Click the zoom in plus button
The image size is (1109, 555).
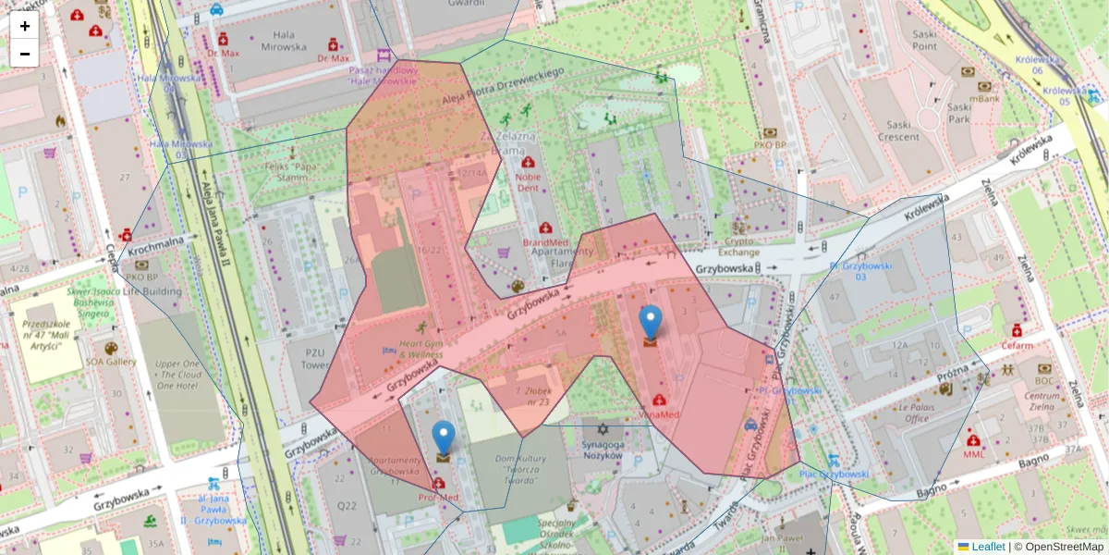tap(25, 26)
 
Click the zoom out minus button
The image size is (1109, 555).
tap(25, 54)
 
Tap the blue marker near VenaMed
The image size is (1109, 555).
tap(651, 323)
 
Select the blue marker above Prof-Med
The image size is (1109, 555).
tap(444, 438)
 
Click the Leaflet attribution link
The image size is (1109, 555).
tap(987, 547)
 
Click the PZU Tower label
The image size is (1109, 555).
tap(308, 358)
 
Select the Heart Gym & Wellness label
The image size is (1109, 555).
tap(421, 348)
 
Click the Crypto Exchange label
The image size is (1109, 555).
tap(739, 245)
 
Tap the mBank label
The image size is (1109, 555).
tap(984, 97)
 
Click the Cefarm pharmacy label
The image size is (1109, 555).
tap(1017, 345)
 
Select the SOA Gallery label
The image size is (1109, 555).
tap(111, 362)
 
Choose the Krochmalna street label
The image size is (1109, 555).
tap(161, 244)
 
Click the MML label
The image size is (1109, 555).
tap(974, 454)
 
